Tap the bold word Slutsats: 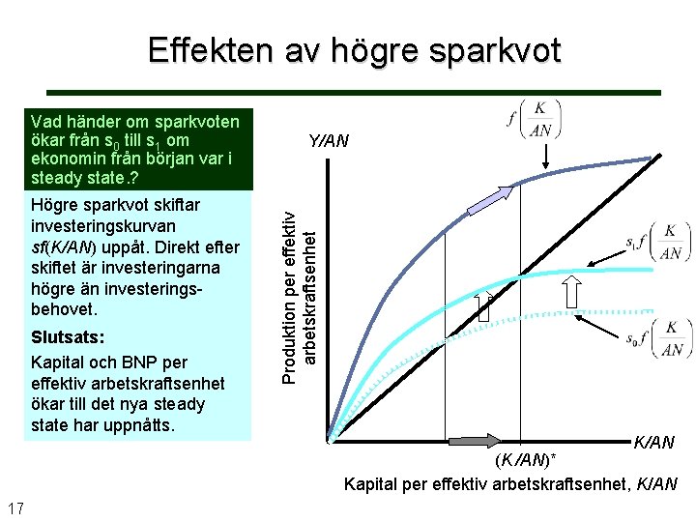[x=68, y=338]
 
